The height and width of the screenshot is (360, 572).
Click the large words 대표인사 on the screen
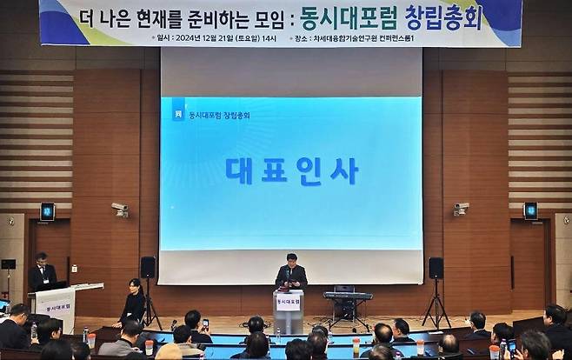coord(291,170)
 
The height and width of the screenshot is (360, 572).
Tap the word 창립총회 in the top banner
coord(443,17)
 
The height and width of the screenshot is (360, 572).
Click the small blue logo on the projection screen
coord(177,114)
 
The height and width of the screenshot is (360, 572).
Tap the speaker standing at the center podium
coord(290,273)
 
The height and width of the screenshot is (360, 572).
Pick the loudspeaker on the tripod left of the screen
coord(148,267)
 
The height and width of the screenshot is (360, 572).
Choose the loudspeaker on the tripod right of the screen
coord(436,268)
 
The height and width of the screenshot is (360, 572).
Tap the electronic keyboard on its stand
coord(347,296)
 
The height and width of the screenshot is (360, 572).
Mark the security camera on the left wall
coord(120,209)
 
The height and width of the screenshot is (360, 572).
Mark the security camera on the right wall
coord(460,209)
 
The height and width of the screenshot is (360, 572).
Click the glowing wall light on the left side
coord(47,210)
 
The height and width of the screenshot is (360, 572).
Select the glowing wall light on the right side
coord(529,210)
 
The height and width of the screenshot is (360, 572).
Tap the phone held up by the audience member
coord(205,323)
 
